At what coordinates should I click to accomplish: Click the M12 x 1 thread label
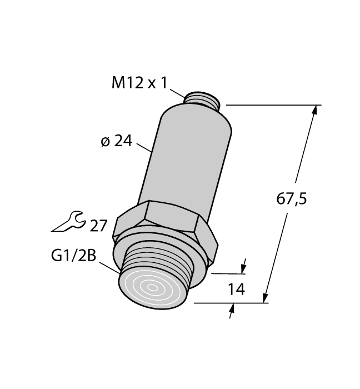[x=139, y=83]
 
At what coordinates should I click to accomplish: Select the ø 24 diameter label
[x=116, y=142]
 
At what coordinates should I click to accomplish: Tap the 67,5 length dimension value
[x=293, y=198]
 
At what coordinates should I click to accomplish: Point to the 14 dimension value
[x=236, y=289]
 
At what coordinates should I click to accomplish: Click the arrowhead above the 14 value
[x=243, y=268]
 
